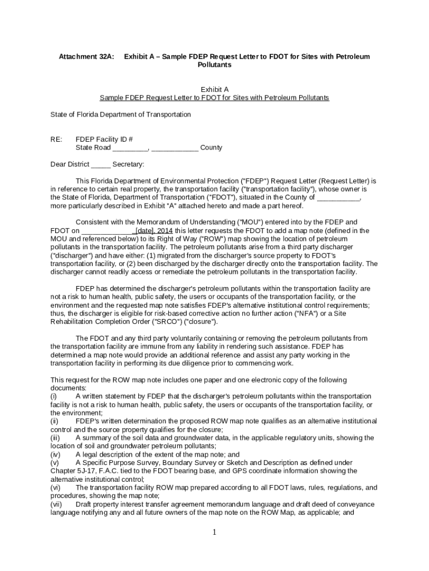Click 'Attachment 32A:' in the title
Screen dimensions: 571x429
[86, 57]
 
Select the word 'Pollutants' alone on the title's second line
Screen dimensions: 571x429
[214, 65]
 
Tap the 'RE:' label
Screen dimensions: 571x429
[56, 139]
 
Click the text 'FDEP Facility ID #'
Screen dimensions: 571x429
[104, 139]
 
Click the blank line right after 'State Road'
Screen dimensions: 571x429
[130, 148]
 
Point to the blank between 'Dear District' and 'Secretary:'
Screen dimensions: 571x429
[100, 164]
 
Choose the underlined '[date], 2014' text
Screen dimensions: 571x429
[154, 230]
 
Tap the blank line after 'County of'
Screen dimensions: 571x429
[338, 197]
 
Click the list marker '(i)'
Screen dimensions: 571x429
[54, 396]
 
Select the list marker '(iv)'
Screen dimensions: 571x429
[55, 454]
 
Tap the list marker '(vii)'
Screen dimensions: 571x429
[56, 504]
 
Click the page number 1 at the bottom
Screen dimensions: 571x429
[214, 533]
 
